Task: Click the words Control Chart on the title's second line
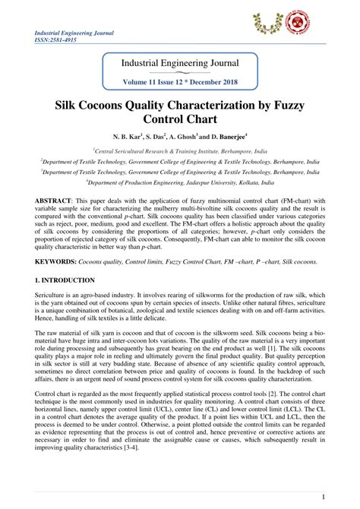[180, 120]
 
